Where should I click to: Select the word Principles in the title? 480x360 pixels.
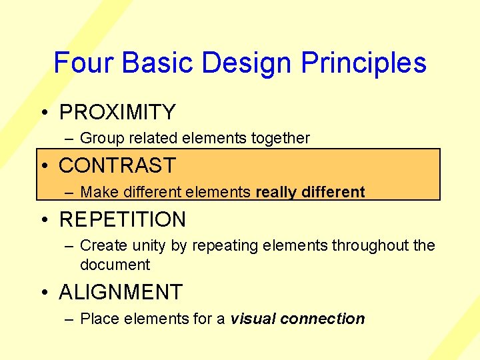click(363, 63)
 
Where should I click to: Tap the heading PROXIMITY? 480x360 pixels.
click(117, 112)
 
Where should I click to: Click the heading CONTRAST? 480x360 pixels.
click(117, 165)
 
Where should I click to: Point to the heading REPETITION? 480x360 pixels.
click(123, 219)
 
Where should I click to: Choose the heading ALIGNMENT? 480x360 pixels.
click(121, 292)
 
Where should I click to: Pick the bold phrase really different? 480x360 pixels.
click(310, 192)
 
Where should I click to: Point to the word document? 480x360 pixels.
click(115, 265)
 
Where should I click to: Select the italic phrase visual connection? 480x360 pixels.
click(297, 319)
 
